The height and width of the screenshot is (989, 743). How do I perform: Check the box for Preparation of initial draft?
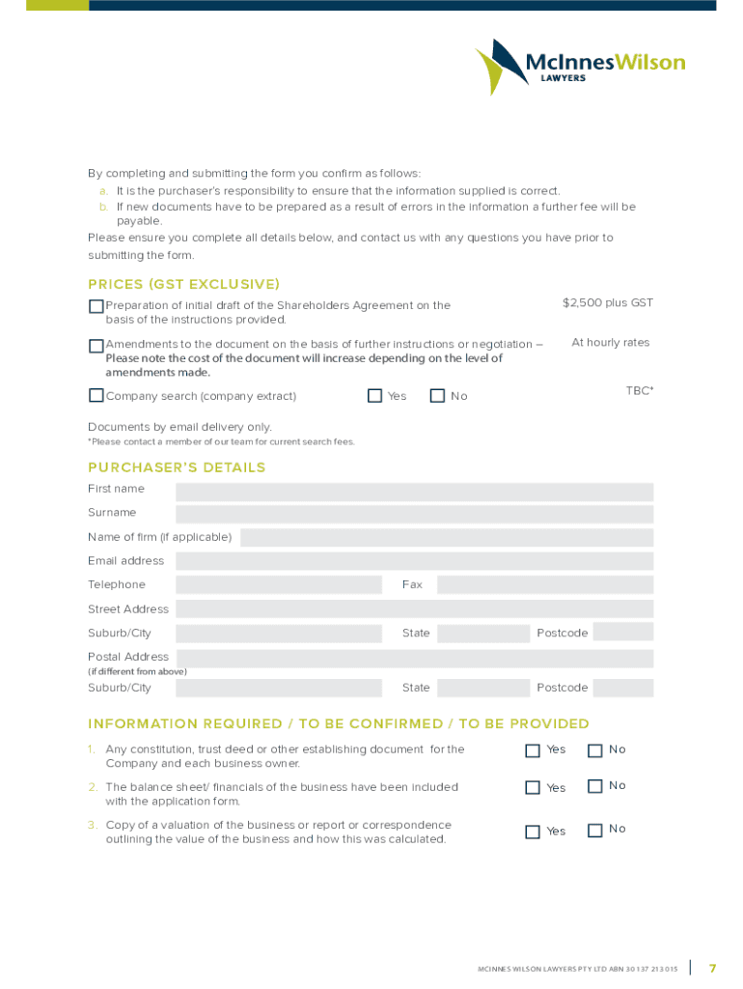pyautogui.click(x=96, y=306)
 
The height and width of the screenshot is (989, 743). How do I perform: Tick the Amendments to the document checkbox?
pyautogui.click(x=96, y=346)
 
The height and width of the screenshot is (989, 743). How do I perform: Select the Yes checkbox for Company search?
pyautogui.click(x=375, y=395)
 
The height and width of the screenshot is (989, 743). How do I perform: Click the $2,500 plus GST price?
pyautogui.click(x=608, y=303)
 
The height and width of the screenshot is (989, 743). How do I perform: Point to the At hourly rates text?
pyautogui.click(x=611, y=343)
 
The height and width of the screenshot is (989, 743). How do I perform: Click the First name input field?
pyautogui.click(x=414, y=492)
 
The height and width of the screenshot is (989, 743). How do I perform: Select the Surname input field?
pyautogui.click(x=414, y=515)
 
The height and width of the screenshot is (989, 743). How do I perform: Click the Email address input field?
pyautogui.click(x=414, y=561)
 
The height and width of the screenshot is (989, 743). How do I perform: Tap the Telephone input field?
pyautogui.click(x=279, y=584)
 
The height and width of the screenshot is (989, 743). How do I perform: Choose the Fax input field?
pyautogui.click(x=544, y=584)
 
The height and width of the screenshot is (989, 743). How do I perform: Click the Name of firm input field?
pyautogui.click(x=446, y=538)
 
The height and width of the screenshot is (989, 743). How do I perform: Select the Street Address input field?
pyautogui.click(x=414, y=609)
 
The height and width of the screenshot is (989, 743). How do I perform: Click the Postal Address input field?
pyautogui.click(x=414, y=659)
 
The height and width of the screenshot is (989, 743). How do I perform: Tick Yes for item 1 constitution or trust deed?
pyautogui.click(x=533, y=750)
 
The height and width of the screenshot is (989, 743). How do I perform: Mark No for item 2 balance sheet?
pyautogui.click(x=595, y=786)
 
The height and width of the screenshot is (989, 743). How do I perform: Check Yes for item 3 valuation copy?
pyautogui.click(x=533, y=832)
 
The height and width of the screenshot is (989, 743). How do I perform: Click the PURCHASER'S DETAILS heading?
pyautogui.click(x=177, y=467)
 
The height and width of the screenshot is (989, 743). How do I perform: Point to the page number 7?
pyautogui.click(x=712, y=968)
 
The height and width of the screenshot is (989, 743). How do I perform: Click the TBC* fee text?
pyautogui.click(x=640, y=390)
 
